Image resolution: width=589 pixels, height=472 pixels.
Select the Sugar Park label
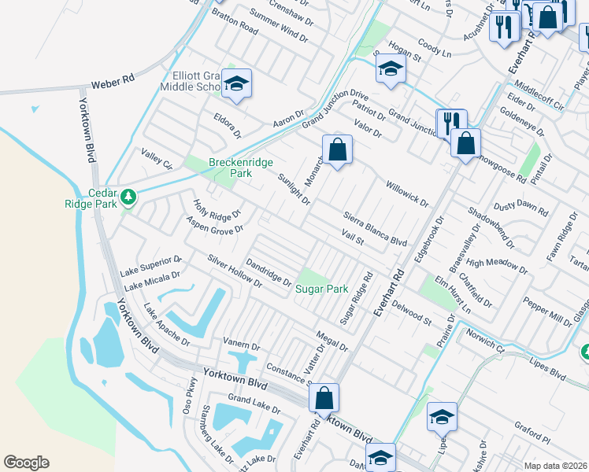point(321,289)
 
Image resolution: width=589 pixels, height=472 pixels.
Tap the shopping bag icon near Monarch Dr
point(337,149)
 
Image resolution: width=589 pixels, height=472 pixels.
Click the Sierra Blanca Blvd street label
point(376,229)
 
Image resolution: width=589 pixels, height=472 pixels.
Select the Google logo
point(26,463)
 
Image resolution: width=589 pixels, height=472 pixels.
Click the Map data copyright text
point(556,466)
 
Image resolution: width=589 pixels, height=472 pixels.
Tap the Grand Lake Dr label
point(254,406)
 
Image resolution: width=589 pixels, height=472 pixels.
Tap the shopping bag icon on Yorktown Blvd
point(324,399)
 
